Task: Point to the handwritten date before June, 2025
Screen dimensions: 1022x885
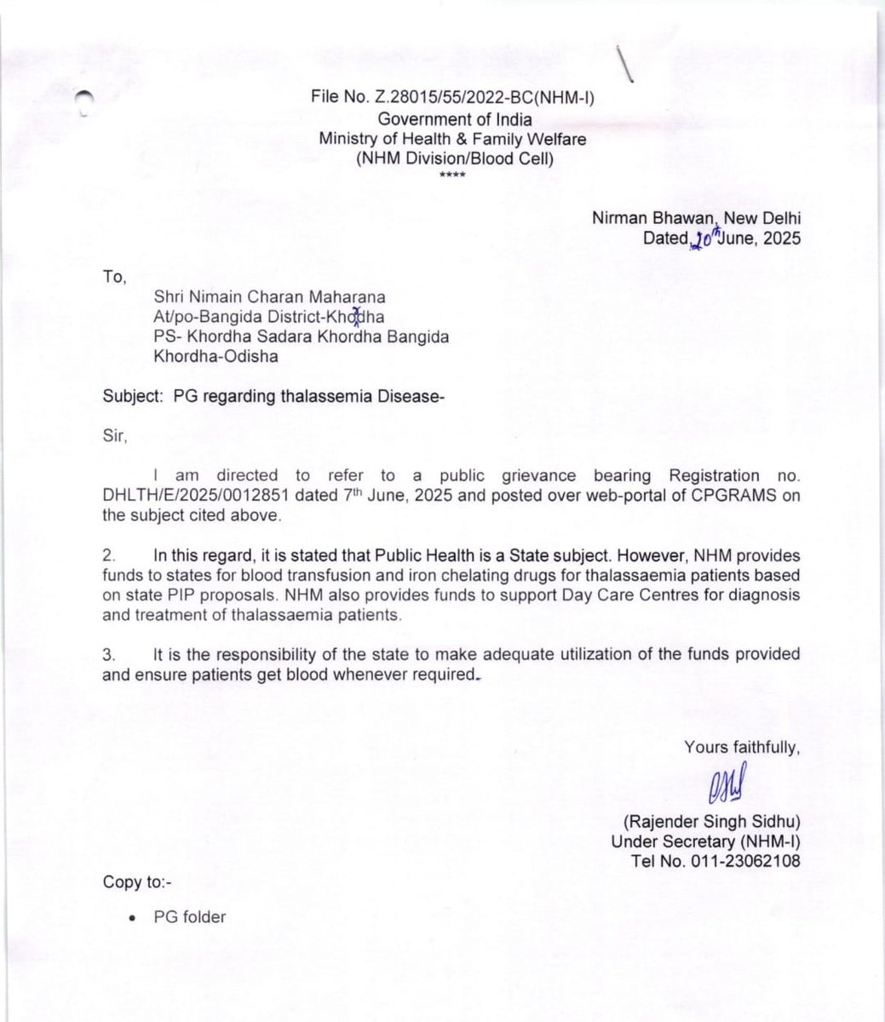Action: (x=705, y=238)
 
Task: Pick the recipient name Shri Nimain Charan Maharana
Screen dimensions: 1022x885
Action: (x=269, y=297)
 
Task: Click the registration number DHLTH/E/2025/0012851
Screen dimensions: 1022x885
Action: (x=190, y=497)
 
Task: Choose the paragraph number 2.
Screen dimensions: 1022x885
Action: (x=109, y=555)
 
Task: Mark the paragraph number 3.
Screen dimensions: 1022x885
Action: (x=109, y=654)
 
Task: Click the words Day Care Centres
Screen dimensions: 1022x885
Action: (x=612, y=594)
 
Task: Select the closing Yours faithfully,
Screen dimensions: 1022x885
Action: (x=742, y=748)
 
